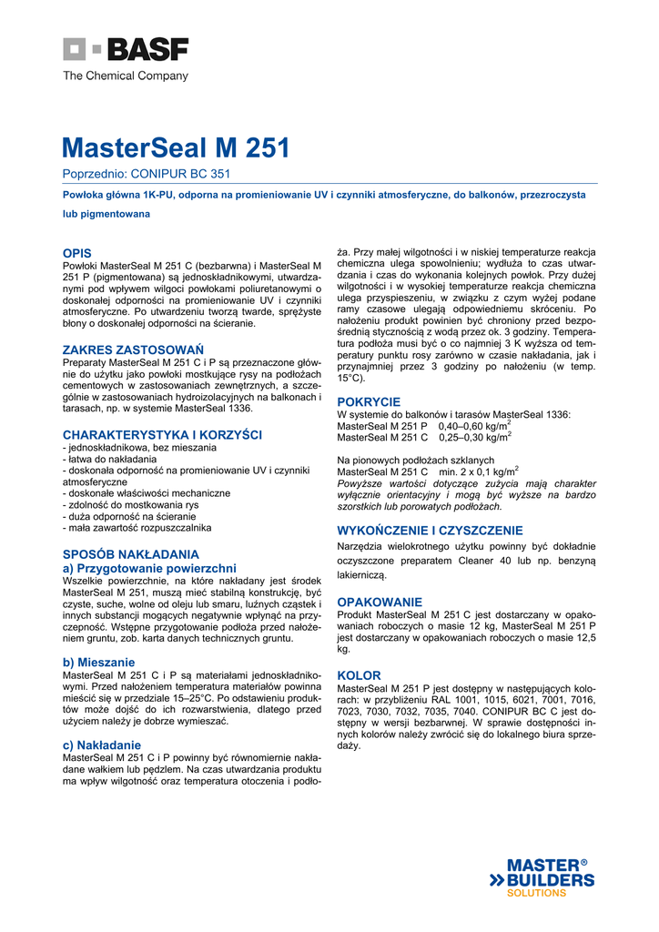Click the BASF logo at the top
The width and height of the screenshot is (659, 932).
pos(126,49)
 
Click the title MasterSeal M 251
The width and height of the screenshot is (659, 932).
pos(176,148)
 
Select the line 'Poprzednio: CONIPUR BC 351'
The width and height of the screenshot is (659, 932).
pos(146,174)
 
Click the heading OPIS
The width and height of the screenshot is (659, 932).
pos(76,252)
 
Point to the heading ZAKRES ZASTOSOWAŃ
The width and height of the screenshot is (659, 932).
pos(132,349)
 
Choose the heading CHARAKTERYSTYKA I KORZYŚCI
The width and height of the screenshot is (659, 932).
pos(162,435)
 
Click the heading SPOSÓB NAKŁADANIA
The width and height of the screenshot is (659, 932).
pos(130,553)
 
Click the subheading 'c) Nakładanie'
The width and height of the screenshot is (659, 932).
pos(101,745)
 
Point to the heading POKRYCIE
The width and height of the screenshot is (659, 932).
pos(369,401)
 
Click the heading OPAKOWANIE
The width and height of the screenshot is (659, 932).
pos(380,602)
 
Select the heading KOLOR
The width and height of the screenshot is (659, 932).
pos(359,675)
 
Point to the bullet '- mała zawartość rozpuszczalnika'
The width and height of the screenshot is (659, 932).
pos(137,528)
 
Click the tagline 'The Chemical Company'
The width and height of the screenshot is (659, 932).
pos(125,76)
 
